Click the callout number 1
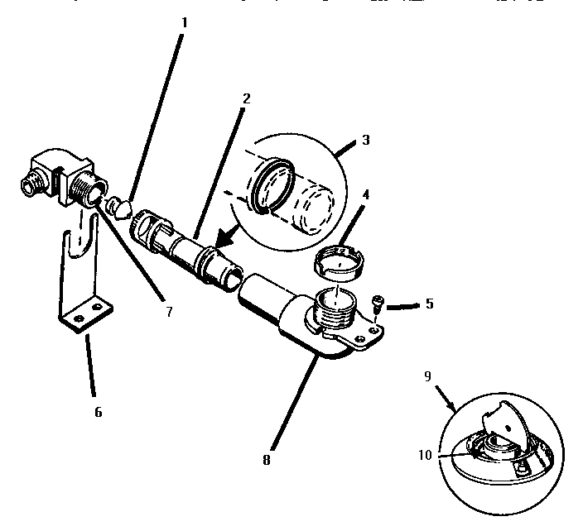pyautogui.click(x=184, y=22)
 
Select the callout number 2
pyautogui.click(x=246, y=98)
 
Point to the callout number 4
pyautogui.click(x=365, y=197)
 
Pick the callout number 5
pyautogui.click(x=429, y=304)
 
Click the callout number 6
pyautogui.click(x=98, y=411)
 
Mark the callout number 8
pyautogui.click(x=266, y=459)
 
